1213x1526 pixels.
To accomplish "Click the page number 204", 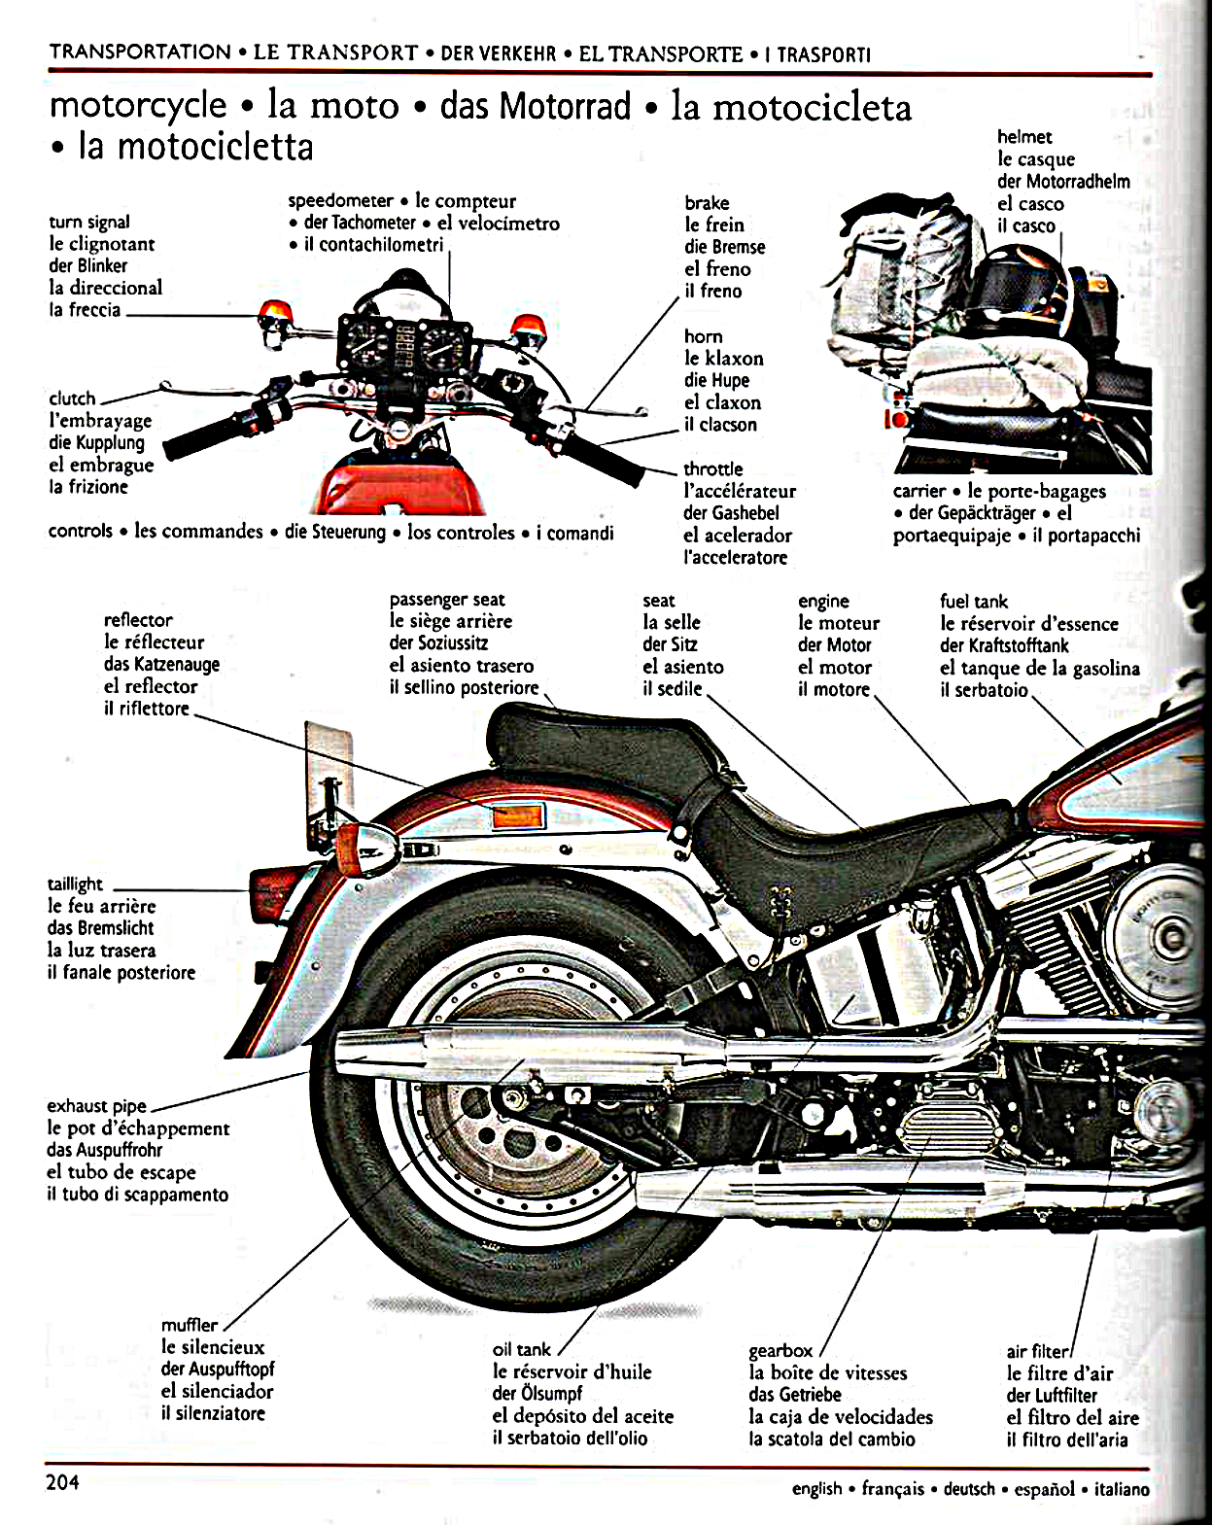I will (x=62, y=1482).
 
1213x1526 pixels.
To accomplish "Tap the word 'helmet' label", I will (x=1024, y=137).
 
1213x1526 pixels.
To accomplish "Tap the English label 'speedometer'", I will (x=340, y=201).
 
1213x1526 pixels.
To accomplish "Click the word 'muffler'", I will (x=190, y=1325).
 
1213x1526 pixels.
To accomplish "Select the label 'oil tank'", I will (x=521, y=1349).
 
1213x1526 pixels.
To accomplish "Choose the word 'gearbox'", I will (x=780, y=1350).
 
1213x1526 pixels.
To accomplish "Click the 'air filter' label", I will (x=1037, y=1351).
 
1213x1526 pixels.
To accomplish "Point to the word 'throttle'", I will (x=712, y=469).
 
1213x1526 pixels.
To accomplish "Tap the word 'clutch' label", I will (x=72, y=399).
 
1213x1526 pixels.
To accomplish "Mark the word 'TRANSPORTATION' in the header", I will (x=140, y=52).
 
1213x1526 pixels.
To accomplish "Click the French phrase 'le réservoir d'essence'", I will (x=1028, y=624).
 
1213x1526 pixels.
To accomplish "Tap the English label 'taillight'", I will (x=75, y=884).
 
